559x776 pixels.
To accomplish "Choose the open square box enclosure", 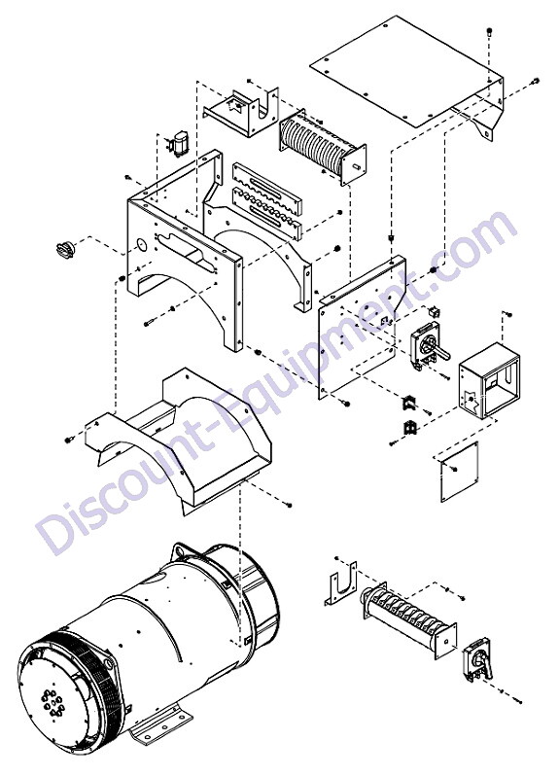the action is click(489, 379).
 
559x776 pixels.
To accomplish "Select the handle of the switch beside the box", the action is click(441, 353).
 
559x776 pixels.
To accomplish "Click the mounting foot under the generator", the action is click(159, 728).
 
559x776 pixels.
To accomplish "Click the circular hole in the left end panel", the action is click(141, 244).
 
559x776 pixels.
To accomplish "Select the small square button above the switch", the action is click(436, 311).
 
